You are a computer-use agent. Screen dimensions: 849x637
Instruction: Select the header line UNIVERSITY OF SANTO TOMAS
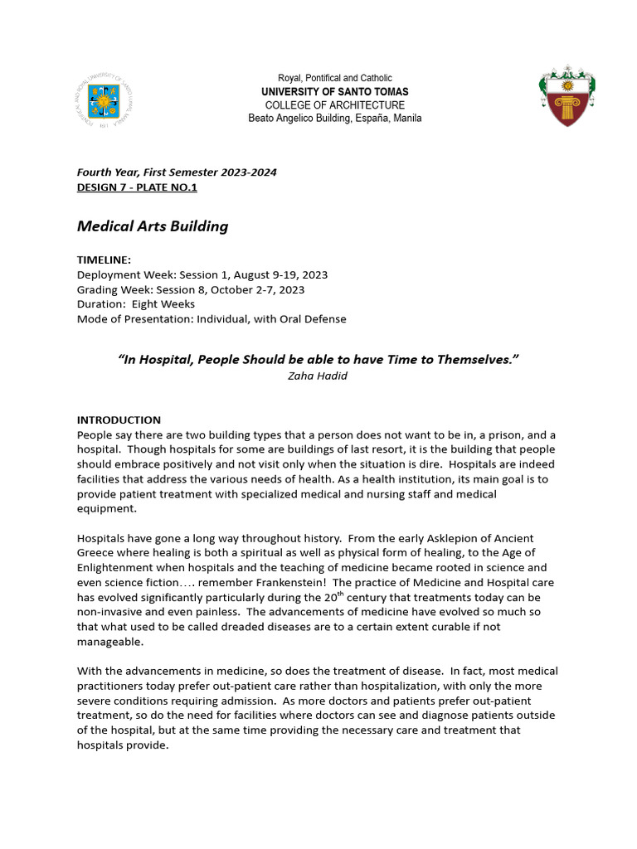(335, 91)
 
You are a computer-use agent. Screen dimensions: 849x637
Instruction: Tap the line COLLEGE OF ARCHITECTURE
(335, 105)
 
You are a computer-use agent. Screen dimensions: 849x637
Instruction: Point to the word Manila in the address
(404, 119)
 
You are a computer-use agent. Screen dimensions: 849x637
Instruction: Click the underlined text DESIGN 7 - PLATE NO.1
(137, 187)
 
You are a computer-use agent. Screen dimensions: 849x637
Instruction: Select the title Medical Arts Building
(153, 226)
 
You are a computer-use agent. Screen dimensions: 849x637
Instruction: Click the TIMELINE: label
(104, 260)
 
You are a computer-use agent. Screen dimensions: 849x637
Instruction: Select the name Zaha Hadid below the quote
(318, 375)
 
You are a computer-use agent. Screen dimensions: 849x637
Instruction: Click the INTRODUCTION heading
(119, 420)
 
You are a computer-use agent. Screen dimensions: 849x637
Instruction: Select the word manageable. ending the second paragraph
(110, 641)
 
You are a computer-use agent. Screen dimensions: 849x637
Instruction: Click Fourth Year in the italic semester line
(106, 172)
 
